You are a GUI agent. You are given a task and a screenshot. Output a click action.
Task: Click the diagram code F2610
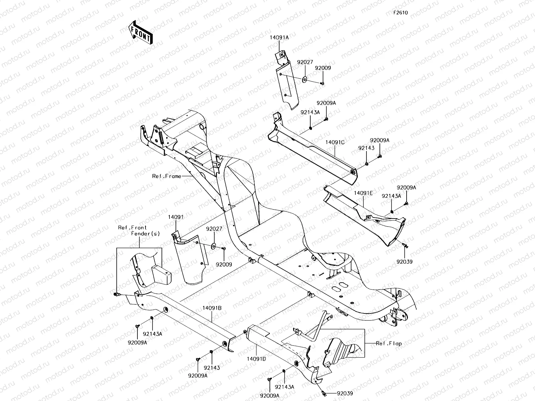pyautogui.click(x=400, y=13)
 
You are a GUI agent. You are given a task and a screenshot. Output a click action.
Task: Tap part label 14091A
pyautogui.click(x=279, y=38)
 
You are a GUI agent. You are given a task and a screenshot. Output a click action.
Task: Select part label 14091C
pyautogui.click(x=335, y=142)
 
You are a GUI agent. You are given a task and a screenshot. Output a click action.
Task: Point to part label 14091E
pyautogui.click(x=363, y=193)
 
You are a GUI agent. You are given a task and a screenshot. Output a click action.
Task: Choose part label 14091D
pyautogui.click(x=256, y=359)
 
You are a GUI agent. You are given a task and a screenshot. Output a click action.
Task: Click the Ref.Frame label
pyautogui.click(x=167, y=176)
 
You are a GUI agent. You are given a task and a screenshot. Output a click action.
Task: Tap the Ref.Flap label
pyautogui.click(x=389, y=343)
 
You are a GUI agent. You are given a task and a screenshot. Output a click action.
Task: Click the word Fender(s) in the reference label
pyautogui.click(x=145, y=234)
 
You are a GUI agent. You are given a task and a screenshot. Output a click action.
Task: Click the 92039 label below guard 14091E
pyautogui.click(x=405, y=262)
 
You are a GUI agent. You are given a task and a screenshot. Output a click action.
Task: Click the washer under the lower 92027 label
pyautogui.click(x=213, y=247)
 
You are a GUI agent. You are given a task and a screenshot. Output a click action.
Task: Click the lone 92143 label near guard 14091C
pyautogui.click(x=366, y=148)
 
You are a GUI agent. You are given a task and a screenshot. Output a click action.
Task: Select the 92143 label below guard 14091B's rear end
pyautogui.click(x=212, y=368)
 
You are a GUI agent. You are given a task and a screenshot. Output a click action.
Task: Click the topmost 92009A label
pyautogui.click(x=326, y=103)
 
